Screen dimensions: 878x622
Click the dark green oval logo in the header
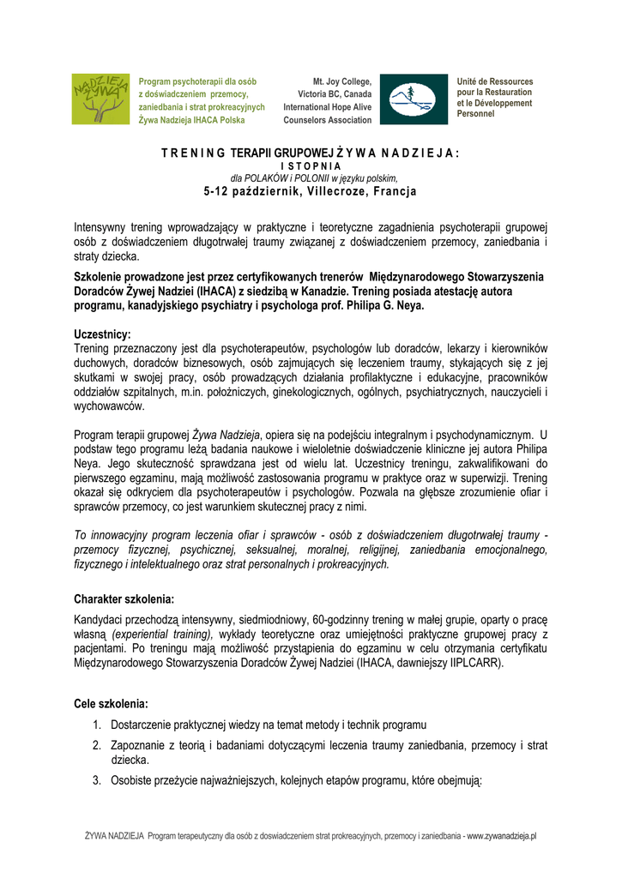point(413,99)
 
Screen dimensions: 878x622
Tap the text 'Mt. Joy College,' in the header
point(341,81)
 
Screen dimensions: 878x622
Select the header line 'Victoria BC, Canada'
point(335,94)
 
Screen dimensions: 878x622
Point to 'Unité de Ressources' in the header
point(495,81)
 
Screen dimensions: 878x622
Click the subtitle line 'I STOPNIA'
point(311,165)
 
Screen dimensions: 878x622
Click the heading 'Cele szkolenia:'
point(112,704)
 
